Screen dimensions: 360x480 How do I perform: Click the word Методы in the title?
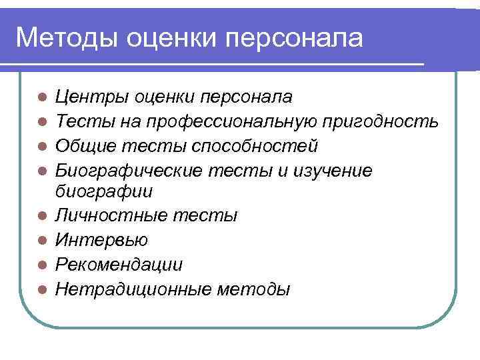point(66,38)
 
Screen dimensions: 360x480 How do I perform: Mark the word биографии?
point(104,192)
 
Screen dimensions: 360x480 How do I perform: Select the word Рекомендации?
point(119,265)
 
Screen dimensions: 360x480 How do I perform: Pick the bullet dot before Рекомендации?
point(41,265)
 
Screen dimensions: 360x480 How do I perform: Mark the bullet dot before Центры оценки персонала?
point(41,97)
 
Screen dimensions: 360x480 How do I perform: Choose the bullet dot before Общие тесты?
point(41,146)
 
